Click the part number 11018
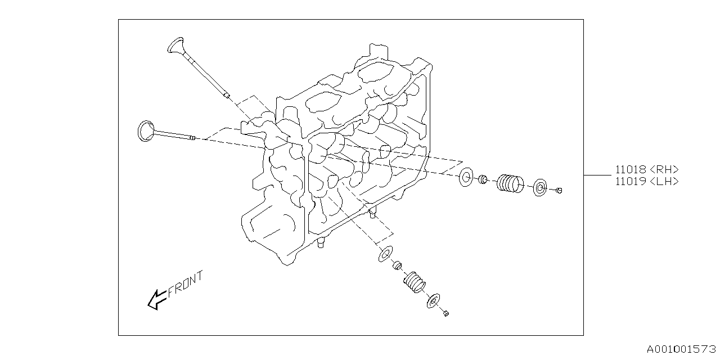(630, 169)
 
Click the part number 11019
(630, 181)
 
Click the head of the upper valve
(176, 45)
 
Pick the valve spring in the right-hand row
(510, 183)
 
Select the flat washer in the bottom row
(385, 254)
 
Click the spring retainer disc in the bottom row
(434, 301)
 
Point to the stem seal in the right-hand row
(482, 180)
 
